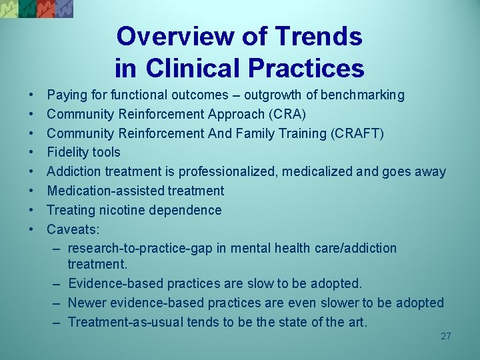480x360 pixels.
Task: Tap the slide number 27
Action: click(445, 337)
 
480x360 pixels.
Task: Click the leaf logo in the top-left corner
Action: click(37, 8)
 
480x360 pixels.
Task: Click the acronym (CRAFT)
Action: click(357, 133)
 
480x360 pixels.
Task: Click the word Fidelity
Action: click(69, 153)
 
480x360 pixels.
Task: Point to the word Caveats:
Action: click(73, 229)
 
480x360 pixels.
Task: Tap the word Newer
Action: click(87, 303)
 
